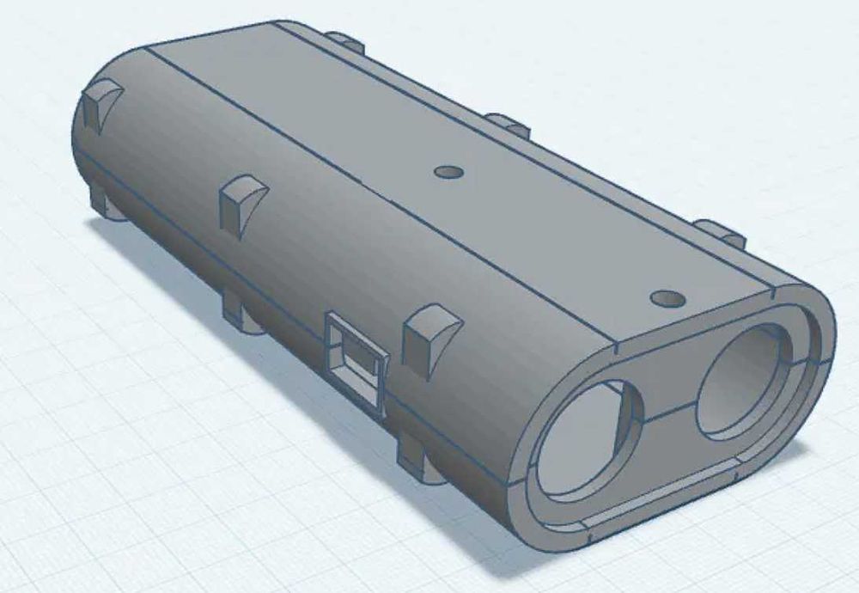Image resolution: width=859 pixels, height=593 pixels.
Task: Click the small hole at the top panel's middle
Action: tap(448, 172)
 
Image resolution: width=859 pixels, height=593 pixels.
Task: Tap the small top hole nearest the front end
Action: tap(667, 299)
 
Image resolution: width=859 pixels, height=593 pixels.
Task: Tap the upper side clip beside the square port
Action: tap(429, 337)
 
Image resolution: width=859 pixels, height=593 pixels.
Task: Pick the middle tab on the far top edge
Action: tap(508, 125)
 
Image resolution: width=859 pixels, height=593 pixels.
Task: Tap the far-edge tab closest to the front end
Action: tap(719, 232)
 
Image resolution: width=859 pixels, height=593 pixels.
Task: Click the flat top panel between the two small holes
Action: tap(558, 232)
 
